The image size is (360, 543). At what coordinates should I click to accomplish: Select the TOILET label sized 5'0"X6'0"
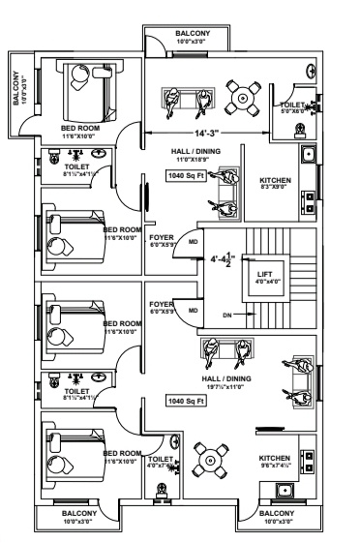click(x=292, y=106)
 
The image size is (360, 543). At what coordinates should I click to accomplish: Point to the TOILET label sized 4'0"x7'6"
click(x=162, y=459)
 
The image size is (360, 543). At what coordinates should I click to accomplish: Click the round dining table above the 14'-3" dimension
click(x=241, y=95)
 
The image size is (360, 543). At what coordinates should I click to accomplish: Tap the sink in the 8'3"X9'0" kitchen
click(x=308, y=154)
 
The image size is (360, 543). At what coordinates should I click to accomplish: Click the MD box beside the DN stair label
click(x=193, y=310)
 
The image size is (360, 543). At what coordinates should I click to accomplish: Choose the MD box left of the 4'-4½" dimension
click(x=193, y=241)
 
